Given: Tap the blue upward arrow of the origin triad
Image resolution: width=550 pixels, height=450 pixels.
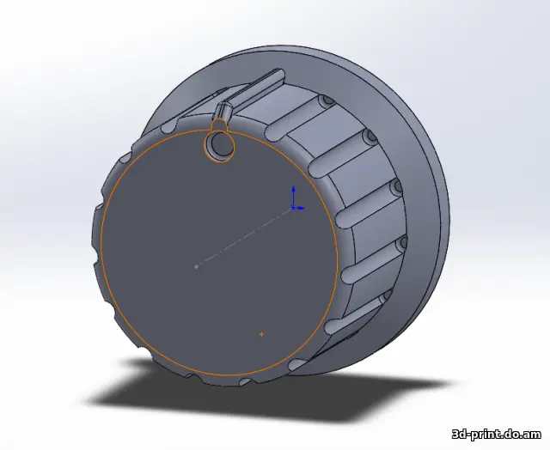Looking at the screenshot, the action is [x=294, y=197].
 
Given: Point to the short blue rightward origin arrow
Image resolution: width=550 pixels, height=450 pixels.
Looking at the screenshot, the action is [x=299, y=208].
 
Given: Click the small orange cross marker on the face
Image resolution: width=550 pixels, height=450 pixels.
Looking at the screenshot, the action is [x=261, y=334].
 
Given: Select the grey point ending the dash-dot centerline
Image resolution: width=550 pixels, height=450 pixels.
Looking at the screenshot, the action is [x=197, y=267].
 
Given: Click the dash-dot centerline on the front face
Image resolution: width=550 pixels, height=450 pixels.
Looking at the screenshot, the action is [x=245, y=237].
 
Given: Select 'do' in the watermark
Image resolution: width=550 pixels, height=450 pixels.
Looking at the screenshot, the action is [x=513, y=435].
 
